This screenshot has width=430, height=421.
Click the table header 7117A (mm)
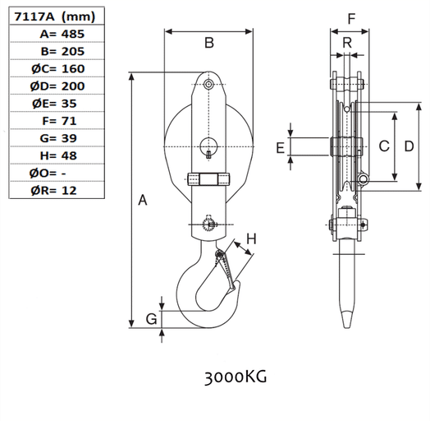[49, 16]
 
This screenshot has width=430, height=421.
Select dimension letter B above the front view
[208, 42]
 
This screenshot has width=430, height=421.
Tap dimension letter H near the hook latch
[252, 239]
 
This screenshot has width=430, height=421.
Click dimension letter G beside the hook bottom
[150, 319]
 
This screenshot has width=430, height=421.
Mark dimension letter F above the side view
[350, 17]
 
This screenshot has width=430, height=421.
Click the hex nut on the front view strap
[210, 178]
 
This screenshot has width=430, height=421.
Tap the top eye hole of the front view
[210, 85]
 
